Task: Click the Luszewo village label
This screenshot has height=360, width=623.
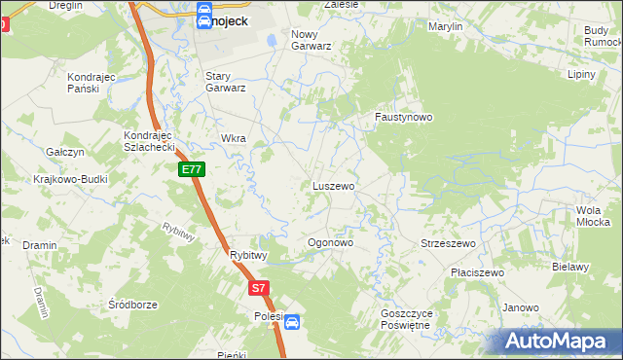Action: [333, 185]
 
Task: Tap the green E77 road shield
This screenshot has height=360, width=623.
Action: [192, 169]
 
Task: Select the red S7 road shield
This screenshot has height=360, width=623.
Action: [257, 288]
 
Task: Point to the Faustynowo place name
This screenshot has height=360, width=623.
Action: [404, 117]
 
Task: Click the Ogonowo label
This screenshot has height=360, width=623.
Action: [330, 242]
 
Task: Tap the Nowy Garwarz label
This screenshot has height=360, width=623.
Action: [311, 39]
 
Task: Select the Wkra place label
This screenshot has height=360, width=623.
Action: [234, 138]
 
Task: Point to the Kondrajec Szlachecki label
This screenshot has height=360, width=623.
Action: [148, 140]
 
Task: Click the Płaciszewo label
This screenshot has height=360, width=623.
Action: [477, 272]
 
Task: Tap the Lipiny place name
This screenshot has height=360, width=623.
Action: [581, 74]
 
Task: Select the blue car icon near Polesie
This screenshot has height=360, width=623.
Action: [292, 322]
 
